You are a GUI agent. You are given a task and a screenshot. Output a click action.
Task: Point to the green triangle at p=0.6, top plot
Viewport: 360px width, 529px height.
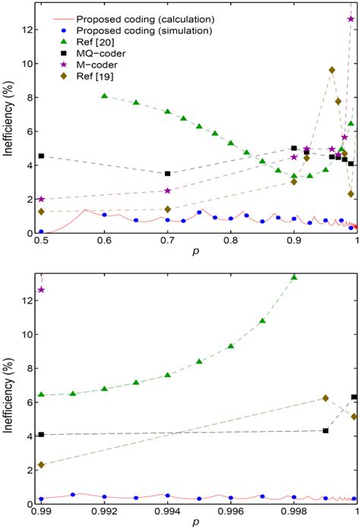coord(104,96)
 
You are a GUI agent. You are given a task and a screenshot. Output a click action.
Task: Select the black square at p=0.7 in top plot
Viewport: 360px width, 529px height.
coord(167,173)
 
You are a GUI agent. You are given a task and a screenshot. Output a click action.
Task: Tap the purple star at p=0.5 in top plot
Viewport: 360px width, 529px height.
coord(41,199)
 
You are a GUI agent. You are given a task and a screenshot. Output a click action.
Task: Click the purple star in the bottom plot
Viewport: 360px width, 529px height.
coord(41,290)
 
